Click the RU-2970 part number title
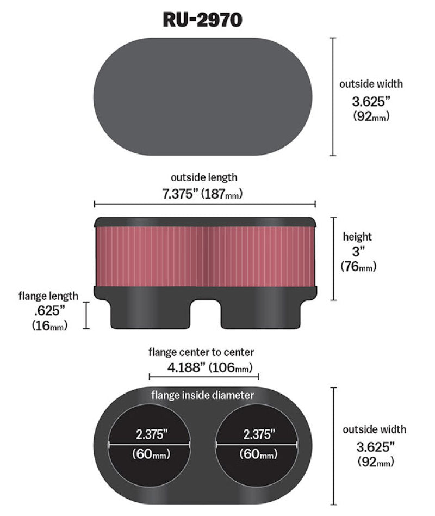[x=202, y=20]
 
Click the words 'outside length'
[x=204, y=177]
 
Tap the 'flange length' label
[x=48, y=296]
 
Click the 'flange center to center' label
[x=201, y=352]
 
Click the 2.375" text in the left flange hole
[x=151, y=434]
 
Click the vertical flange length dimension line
[x=86, y=315]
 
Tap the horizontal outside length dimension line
[x=204, y=205]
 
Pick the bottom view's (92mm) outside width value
[x=375, y=463]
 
